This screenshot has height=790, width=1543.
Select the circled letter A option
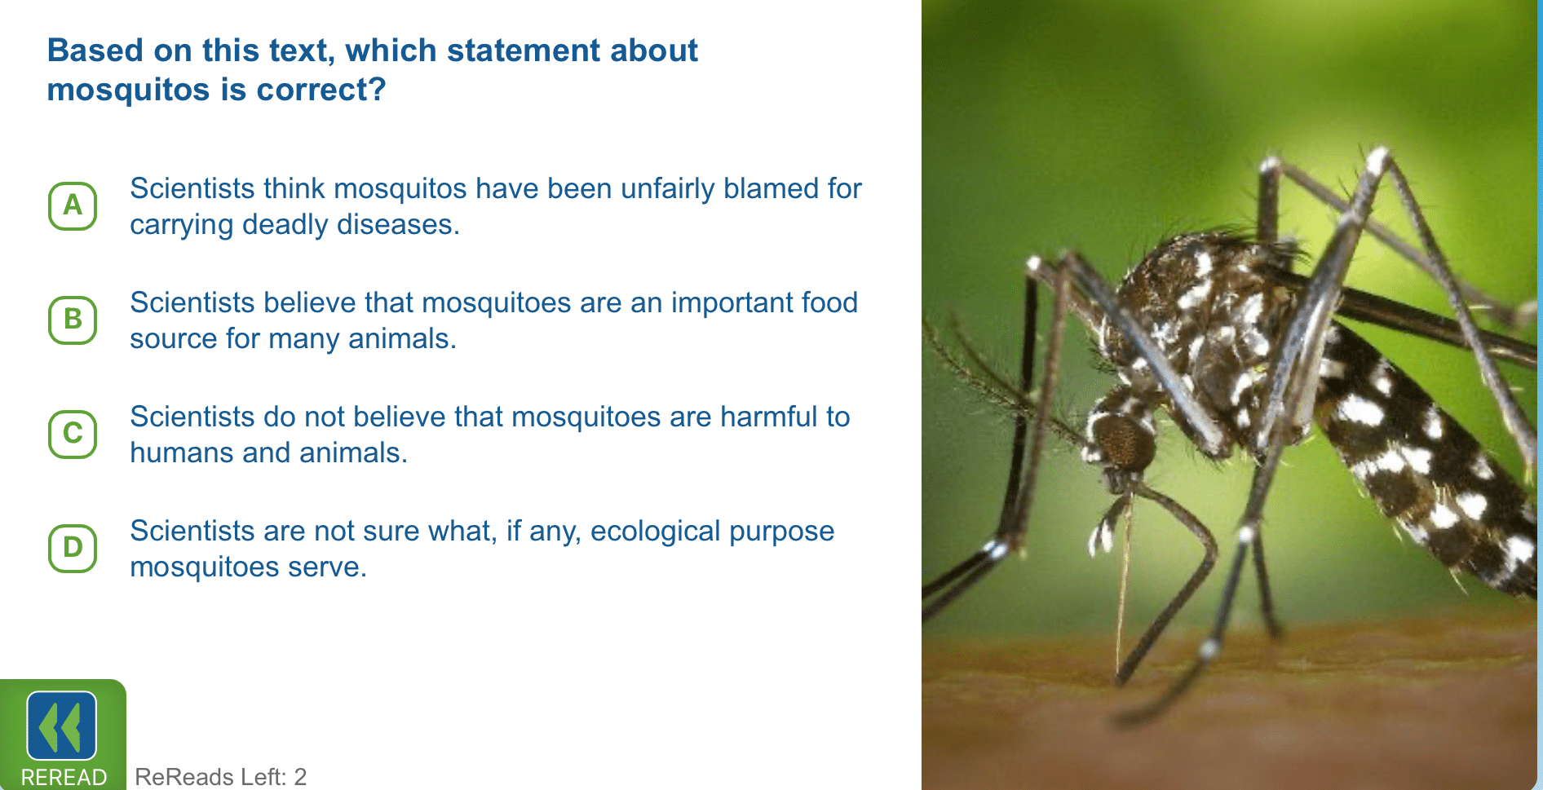tap(73, 205)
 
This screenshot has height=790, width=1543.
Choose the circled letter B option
tap(73, 320)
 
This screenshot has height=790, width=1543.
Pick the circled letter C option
tap(73, 434)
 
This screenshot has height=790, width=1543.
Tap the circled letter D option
tap(73, 548)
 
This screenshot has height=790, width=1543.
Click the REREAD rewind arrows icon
tap(62, 726)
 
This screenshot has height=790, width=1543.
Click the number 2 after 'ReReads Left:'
tap(300, 777)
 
